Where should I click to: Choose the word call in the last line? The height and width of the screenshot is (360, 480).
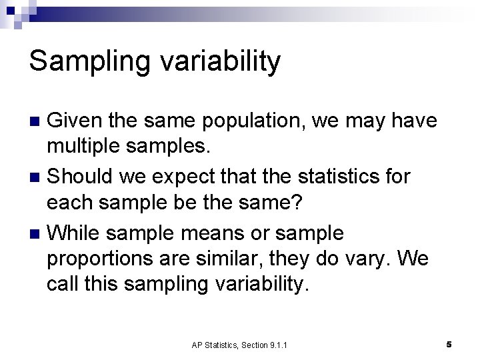[x=61, y=285]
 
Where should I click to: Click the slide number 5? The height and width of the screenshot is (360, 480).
[x=449, y=344]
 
